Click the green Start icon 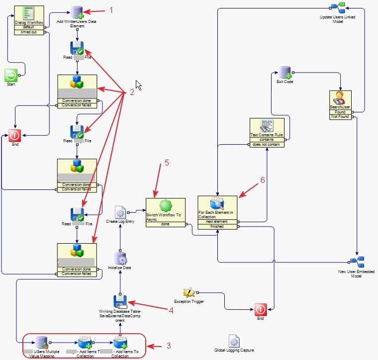tap(11, 75)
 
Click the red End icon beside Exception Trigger tap(261, 309)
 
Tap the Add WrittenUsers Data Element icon tap(77, 12)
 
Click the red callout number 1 tap(112, 10)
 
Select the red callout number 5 tap(167, 162)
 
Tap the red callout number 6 tap(263, 180)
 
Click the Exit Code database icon tap(284, 73)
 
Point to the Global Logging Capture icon tap(234, 341)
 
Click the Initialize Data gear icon tap(120, 258)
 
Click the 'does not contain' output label tap(267, 144)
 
